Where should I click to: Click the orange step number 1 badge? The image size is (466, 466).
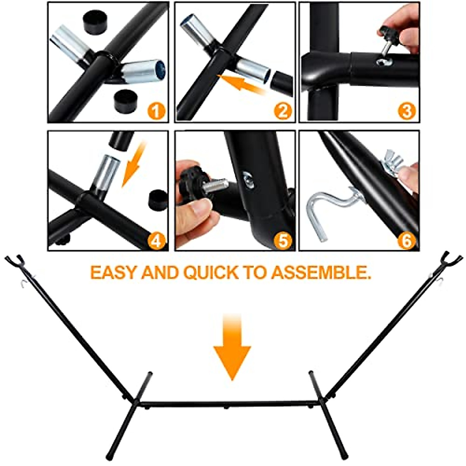click(156, 111)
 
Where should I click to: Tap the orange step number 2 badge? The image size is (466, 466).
click(283, 111)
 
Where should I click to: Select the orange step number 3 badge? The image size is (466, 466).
click(407, 111)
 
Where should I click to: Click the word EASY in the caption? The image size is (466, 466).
click(115, 273)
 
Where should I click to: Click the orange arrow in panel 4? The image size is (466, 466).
click(133, 164)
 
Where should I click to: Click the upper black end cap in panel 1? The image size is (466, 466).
click(94, 23)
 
